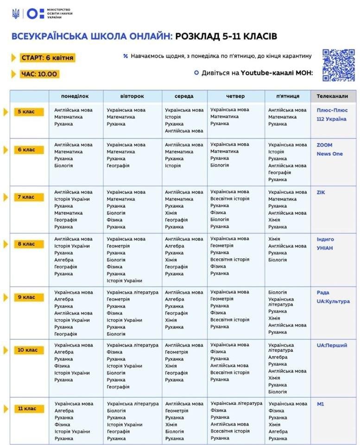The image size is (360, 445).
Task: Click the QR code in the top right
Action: [338, 65]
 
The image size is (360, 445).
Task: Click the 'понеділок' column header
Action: [75, 96]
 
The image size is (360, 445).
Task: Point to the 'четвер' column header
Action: [235, 96]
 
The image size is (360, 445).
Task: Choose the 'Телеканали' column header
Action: [332, 96]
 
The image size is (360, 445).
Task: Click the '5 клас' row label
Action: [29, 112]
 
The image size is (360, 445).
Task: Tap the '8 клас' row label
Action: [29, 244]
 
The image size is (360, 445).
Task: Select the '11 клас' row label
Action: [29, 409]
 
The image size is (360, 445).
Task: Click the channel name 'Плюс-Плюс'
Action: [332, 110]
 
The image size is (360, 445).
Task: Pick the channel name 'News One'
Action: [329, 154]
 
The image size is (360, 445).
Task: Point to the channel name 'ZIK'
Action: [322, 192]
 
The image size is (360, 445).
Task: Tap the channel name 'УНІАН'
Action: [325, 248]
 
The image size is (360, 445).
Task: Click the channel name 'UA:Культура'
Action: [333, 301]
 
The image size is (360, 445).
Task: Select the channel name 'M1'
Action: [320, 404]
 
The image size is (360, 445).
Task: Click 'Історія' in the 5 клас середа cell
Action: [173, 117]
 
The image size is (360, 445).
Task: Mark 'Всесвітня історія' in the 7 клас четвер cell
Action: [230, 199]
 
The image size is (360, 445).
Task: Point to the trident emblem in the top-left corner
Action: [16, 13]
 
